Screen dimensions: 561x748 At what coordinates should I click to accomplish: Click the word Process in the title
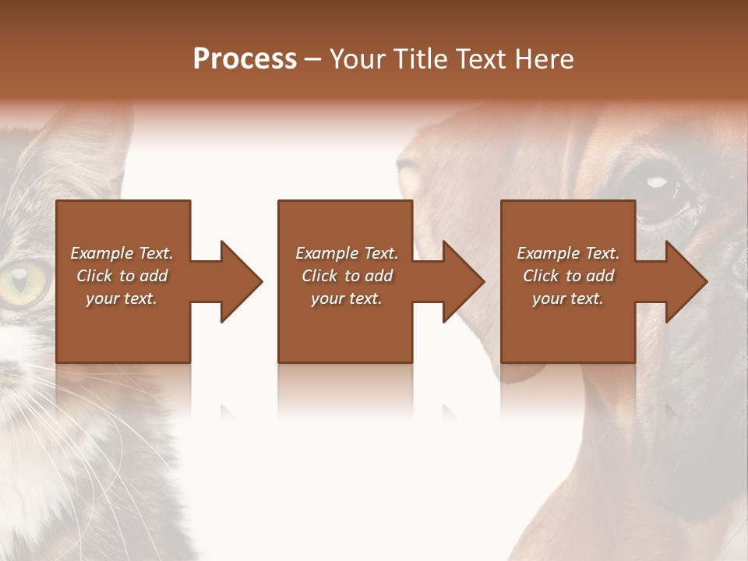(245, 59)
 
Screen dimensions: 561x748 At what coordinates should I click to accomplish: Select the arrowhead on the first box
(238, 281)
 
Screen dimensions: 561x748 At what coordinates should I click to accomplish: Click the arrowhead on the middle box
(460, 281)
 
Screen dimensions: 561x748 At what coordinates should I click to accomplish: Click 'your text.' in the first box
(122, 298)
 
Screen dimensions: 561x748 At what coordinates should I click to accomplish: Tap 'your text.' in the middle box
(347, 298)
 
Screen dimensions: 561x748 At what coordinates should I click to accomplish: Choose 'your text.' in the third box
(568, 298)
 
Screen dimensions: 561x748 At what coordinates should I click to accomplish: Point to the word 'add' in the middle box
(379, 276)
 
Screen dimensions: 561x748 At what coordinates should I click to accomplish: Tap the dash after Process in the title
(313, 59)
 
